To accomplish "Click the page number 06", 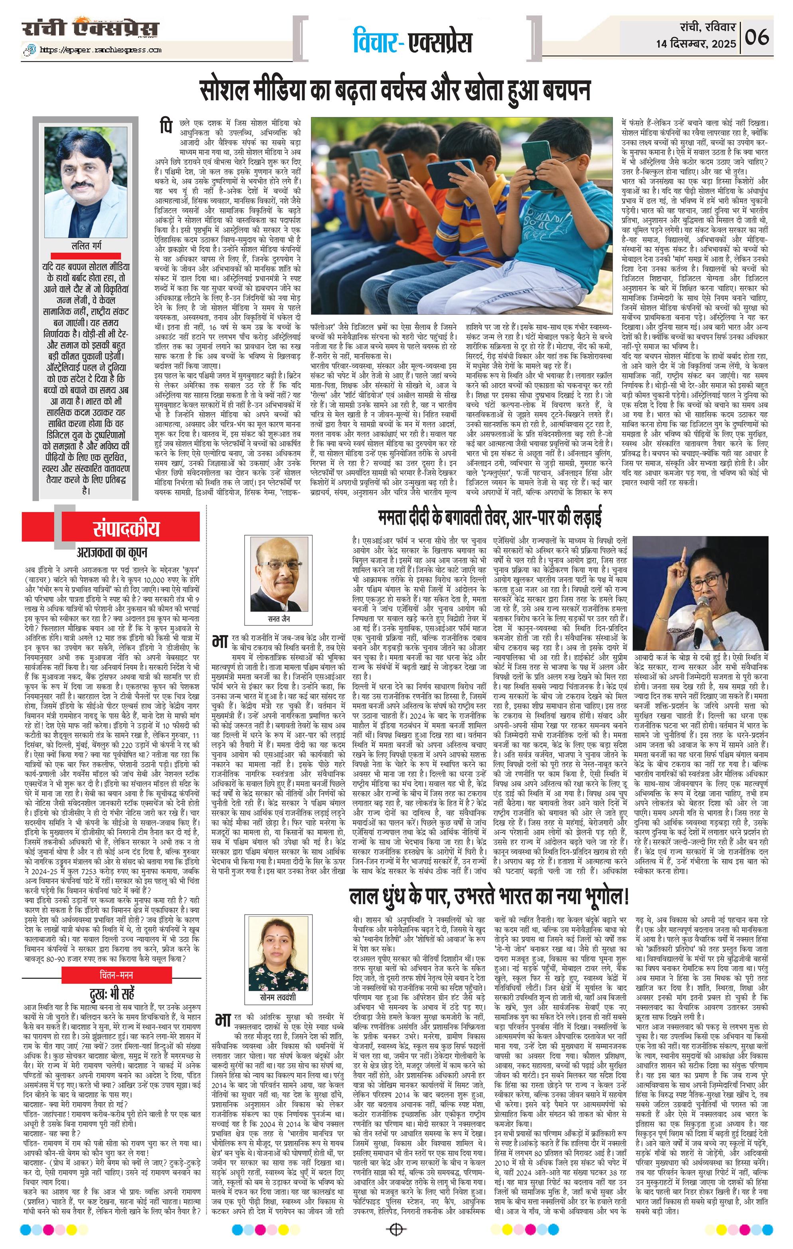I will click(758, 38).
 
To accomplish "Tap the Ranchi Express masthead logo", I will click(90, 28).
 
